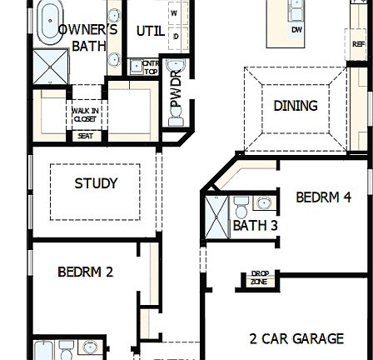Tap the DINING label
point(296,106)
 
